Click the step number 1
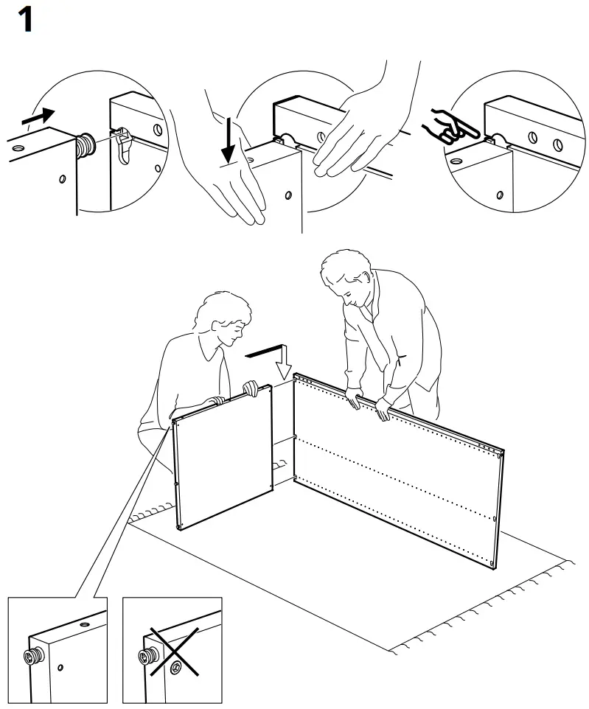coord(24,20)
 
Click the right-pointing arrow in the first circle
coord(38,116)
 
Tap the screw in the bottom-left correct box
coord(33,654)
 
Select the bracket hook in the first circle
coord(124,144)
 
